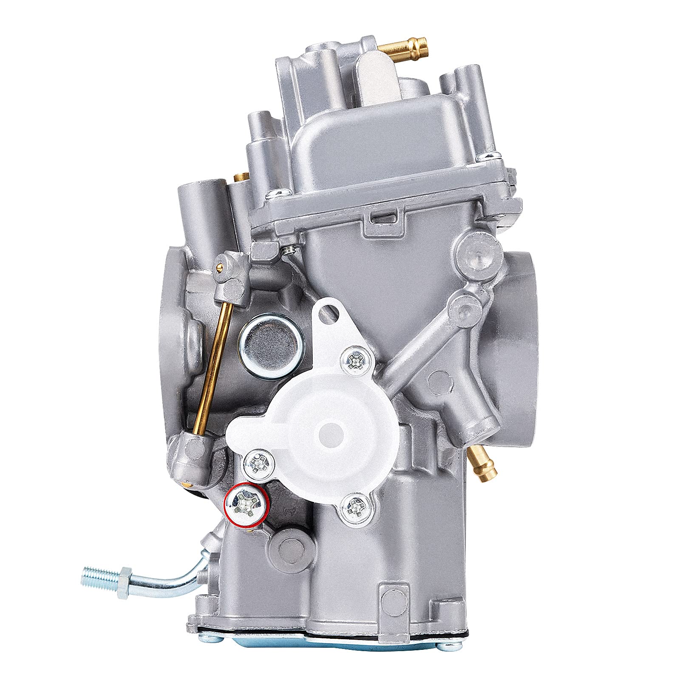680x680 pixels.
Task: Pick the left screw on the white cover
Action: click(257, 461)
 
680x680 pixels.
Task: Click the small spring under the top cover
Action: click(290, 250)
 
